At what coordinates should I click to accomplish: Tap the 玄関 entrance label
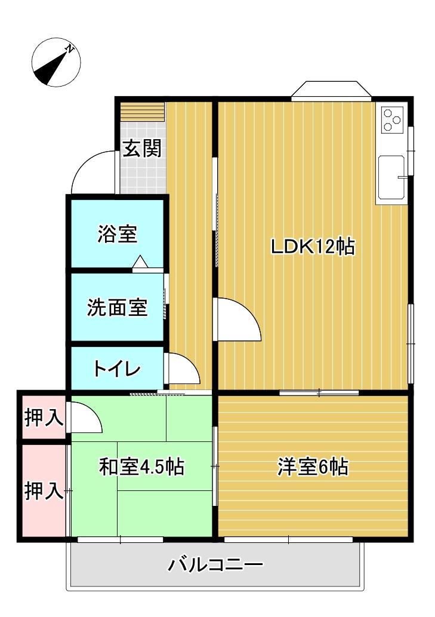pyautogui.click(x=142, y=148)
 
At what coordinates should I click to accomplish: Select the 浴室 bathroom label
pyautogui.click(x=118, y=234)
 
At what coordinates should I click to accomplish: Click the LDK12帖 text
pyautogui.click(x=313, y=246)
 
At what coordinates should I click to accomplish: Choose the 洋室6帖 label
pyautogui.click(x=313, y=467)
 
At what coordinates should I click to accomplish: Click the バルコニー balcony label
pyautogui.click(x=215, y=564)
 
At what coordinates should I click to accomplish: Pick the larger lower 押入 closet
pyautogui.click(x=44, y=491)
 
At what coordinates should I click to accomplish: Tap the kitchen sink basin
pyautogui.click(x=391, y=177)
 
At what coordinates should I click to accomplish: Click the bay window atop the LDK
pyautogui.click(x=331, y=90)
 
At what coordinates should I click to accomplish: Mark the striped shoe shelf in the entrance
pyautogui.click(x=142, y=112)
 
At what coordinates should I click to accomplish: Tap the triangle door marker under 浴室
pyautogui.click(x=140, y=262)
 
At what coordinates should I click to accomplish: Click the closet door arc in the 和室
pyautogui.click(x=85, y=418)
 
